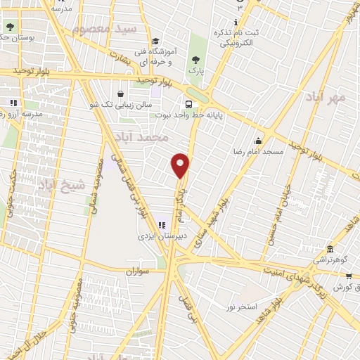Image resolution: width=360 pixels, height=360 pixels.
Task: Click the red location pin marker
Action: (x=181, y=164)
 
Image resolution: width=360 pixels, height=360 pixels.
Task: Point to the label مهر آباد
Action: (x=327, y=96)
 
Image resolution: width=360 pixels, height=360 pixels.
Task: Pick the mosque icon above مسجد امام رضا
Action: (x=258, y=140)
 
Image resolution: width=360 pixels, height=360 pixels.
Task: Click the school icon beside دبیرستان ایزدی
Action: (x=162, y=226)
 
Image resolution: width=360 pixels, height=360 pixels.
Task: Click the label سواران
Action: (x=139, y=271)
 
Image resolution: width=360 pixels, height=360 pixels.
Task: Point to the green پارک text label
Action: (x=195, y=71)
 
